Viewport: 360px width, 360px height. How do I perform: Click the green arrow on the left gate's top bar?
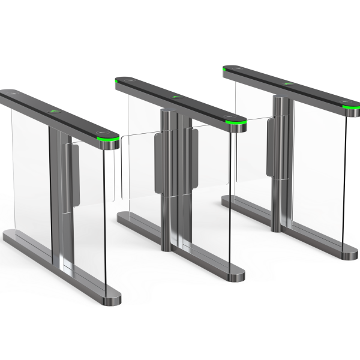[56, 112]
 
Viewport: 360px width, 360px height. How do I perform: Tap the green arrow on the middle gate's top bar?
[176, 96]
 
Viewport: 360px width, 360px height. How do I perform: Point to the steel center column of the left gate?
[60, 198]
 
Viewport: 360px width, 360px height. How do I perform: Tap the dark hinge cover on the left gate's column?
[75, 174]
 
